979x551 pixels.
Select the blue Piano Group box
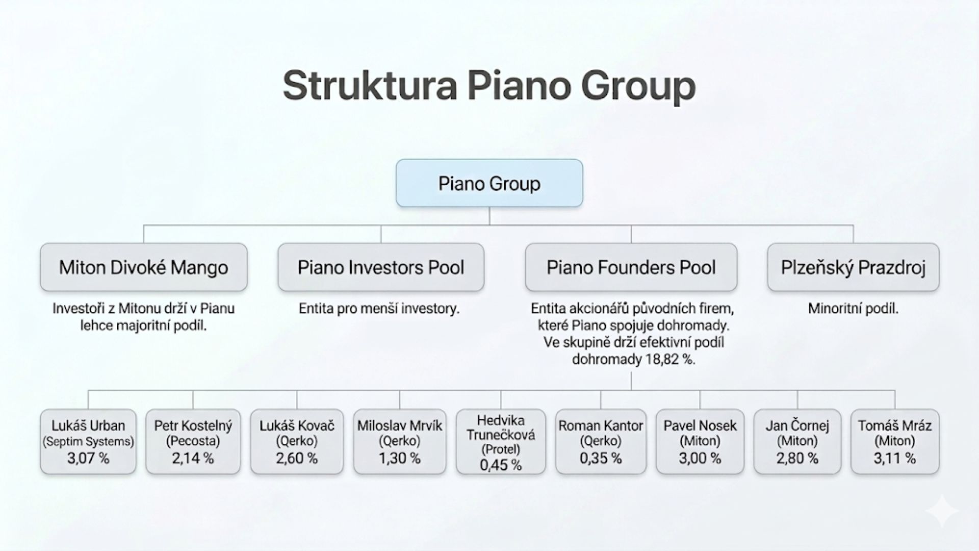489,183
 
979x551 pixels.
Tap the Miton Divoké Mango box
144,267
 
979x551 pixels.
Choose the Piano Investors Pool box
381,267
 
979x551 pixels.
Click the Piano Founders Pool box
631,267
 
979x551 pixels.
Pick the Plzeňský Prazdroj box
853,267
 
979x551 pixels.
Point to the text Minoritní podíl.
853,309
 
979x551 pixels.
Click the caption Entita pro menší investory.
379,309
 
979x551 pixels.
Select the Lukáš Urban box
88,442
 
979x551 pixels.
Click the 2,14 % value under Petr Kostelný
193,458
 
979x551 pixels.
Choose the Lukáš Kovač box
297,442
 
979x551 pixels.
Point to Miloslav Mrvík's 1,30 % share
400,458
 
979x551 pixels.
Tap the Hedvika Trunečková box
501,442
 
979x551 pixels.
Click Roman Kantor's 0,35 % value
601,458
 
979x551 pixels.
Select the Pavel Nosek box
700,442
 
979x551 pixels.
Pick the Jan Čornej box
797,442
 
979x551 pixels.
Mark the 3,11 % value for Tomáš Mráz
895,458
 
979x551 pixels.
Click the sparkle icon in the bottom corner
942,510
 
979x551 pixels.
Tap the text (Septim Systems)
88,442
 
